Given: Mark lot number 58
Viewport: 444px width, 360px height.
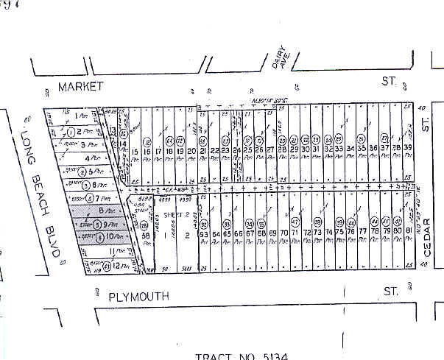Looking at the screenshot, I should (x=146, y=236).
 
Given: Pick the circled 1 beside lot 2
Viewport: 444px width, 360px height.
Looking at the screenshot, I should (x=70, y=133).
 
